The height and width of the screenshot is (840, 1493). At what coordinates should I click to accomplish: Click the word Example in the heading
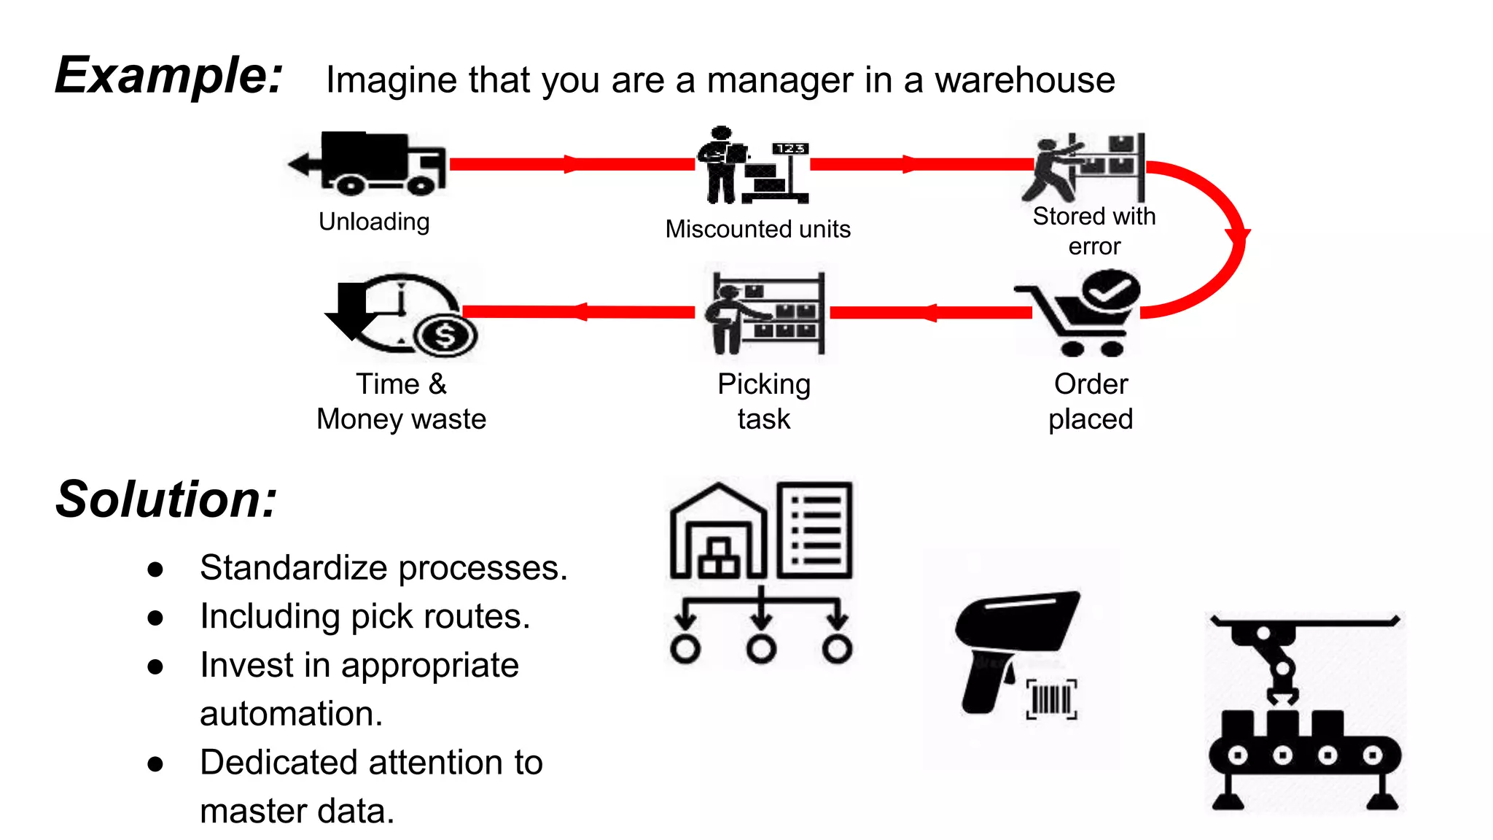(x=168, y=75)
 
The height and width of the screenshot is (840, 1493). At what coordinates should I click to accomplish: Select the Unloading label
(x=374, y=222)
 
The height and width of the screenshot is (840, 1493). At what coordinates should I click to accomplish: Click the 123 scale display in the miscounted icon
(x=790, y=149)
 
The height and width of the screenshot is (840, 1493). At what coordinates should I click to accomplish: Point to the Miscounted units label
(x=757, y=229)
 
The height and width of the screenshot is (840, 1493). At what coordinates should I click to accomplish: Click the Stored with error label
(x=1094, y=231)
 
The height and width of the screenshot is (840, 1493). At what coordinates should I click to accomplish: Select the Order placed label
(x=1091, y=401)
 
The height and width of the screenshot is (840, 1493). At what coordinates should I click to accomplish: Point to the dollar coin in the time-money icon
(x=445, y=336)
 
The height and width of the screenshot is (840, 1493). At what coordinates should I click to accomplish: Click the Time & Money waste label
(x=401, y=401)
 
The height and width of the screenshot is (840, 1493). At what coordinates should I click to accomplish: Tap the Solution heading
(x=166, y=500)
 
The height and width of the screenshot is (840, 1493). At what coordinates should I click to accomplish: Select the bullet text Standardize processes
(x=383, y=568)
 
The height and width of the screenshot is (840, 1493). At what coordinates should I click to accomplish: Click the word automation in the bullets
(x=291, y=714)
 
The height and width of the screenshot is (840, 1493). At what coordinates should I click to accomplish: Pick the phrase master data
(x=297, y=811)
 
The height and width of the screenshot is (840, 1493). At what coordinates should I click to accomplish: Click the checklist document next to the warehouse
(x=814, y=530)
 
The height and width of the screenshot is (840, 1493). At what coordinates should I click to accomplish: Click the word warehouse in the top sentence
(x=1024, y=80)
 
